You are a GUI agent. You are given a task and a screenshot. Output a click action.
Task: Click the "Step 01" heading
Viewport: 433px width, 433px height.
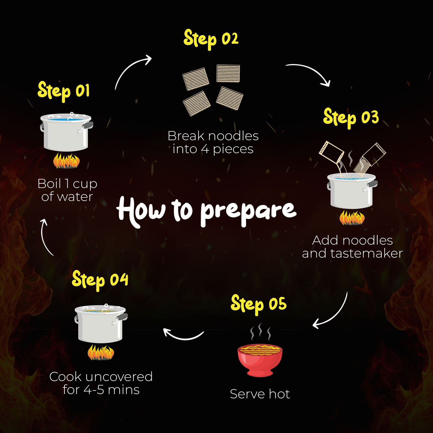coord(64,92)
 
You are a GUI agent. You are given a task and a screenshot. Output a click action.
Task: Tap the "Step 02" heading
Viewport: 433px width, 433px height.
coord(211,40)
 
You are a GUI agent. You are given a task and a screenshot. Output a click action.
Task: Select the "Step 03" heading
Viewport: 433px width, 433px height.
coord(351,118)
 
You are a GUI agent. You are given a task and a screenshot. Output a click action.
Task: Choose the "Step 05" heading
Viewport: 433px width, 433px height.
coord(259,304)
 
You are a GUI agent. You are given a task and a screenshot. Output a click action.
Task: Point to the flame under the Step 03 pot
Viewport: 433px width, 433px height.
coord(352,218)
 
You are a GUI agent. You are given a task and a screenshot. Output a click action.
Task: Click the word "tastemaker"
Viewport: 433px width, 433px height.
coord(366,254)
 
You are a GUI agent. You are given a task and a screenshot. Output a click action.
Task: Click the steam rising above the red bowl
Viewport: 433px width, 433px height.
coord(260,331)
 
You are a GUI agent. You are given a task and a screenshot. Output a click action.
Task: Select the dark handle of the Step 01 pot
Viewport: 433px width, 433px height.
coord(88,125)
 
